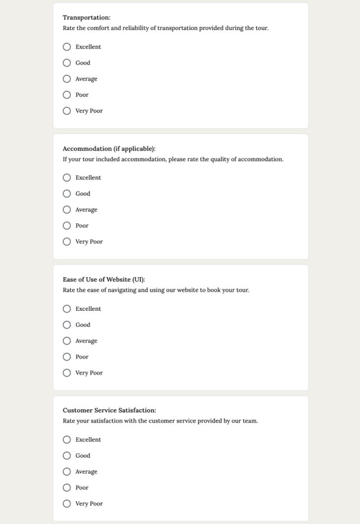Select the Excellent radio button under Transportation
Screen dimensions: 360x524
coord(67,47)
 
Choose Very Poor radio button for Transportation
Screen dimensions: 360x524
coord(67,111)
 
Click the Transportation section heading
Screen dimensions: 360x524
coord(86,18)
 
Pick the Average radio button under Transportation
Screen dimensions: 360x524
coord(67,79)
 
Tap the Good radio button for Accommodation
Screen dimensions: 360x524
coord(67,193)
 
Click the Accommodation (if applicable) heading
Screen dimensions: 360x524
coord(109,148)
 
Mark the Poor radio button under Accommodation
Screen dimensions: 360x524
coord(67,226)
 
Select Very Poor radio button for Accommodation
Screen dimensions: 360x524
coord(67,242)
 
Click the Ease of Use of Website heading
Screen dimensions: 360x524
coord(103,279)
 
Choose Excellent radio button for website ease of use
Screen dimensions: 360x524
coord(67,309)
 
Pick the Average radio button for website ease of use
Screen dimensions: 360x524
coord(67,341)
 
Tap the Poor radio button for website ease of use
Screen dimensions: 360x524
coord(67,357)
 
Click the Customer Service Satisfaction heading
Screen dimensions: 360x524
coord(109,410)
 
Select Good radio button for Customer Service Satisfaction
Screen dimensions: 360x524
coord(67,456)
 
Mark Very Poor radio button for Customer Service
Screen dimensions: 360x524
coord(67,504)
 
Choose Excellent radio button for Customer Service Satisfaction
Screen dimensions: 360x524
coord(67,440)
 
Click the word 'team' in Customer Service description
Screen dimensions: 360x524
coord(250,421)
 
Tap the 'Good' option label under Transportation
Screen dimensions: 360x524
coord(83,63)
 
